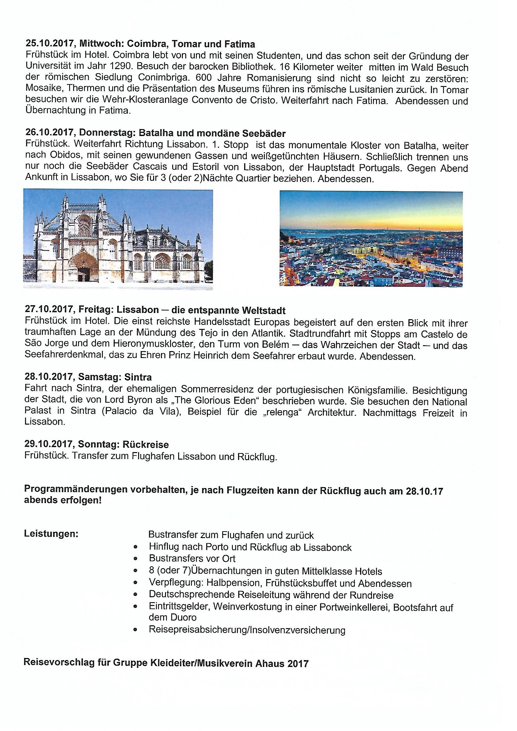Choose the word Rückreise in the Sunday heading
(145, 445)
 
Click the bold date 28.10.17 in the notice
(424, 491)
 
